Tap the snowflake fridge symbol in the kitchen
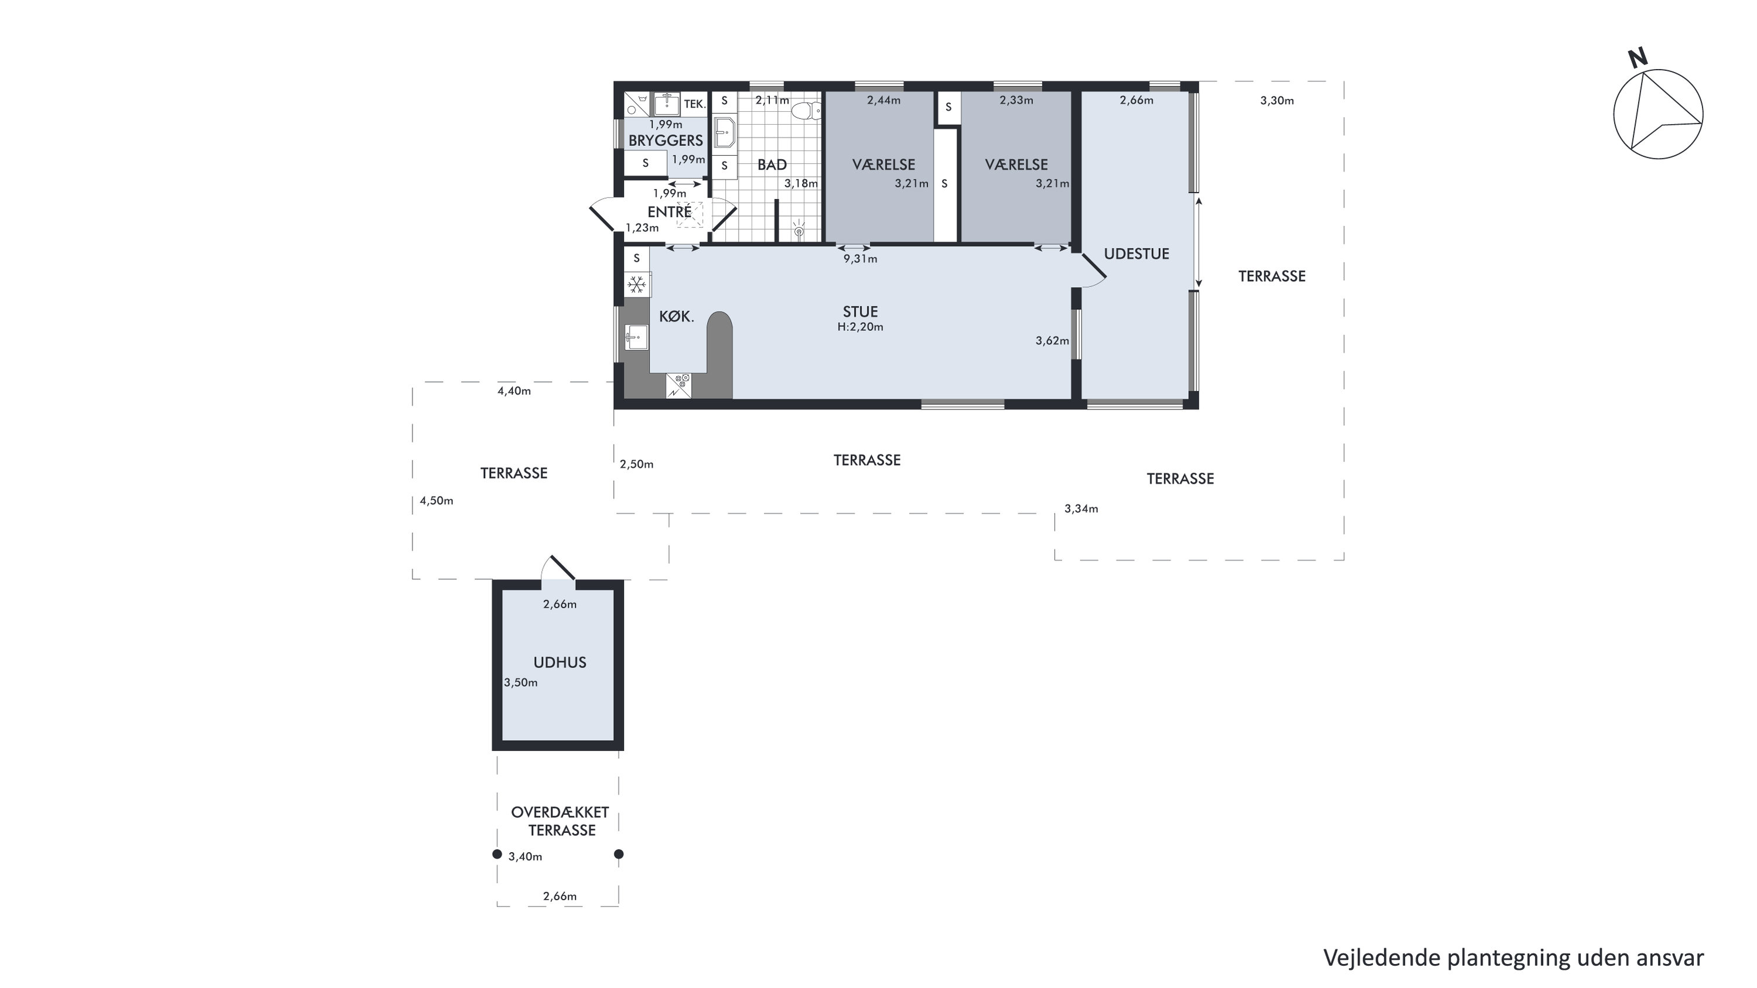pyautogui.click(x=637, y=283)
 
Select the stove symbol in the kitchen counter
pyautogui.click(x=678, y=386)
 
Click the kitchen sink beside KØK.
pyautogui.click(x=636, y=337)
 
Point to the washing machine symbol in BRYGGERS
pyautogui.click(x=637, y=104)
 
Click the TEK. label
pyautogui.click(x=694, y=104)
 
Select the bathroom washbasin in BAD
pyautogui.click(x=724, y=132)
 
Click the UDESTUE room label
pyautogui.click(x=1137, y=254)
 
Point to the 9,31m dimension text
pyautogui.click(x=860, y=259)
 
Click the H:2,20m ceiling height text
pyautogui.click(x=860, y=327)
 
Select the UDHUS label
pyautogui.click(x=559, y=662)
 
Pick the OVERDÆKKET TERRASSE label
pyautogui.click(x=561, y=822)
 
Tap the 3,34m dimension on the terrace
pyautogui.click(x=1081, y=509)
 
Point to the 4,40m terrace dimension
pyautogui.click(x=514, y=391)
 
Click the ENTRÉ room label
pyautogui.click(x=669, y=211)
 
